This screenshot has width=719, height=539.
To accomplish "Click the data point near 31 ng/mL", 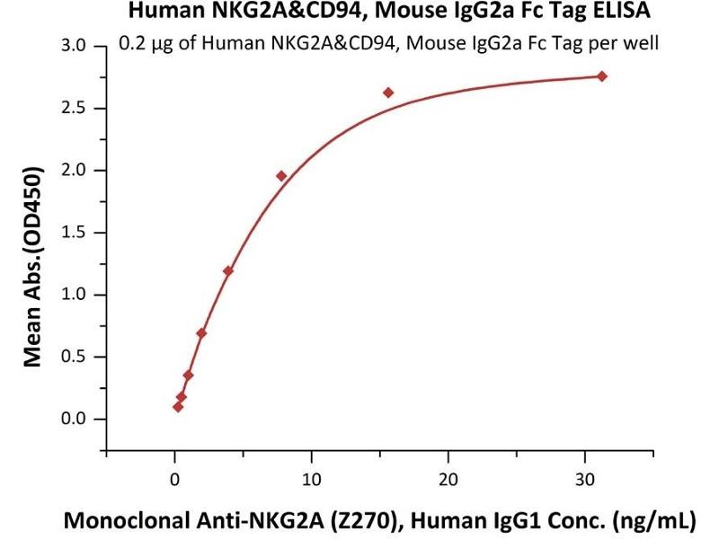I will click(601, 76).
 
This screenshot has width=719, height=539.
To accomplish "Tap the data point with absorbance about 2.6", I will click(388, 93).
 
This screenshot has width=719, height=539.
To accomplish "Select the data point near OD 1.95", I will click(281, 176).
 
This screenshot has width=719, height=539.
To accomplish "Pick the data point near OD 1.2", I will click(228, 270).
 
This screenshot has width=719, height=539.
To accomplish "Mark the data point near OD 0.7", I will click(201, 333).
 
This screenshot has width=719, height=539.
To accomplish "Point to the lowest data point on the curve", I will click(178, 407).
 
